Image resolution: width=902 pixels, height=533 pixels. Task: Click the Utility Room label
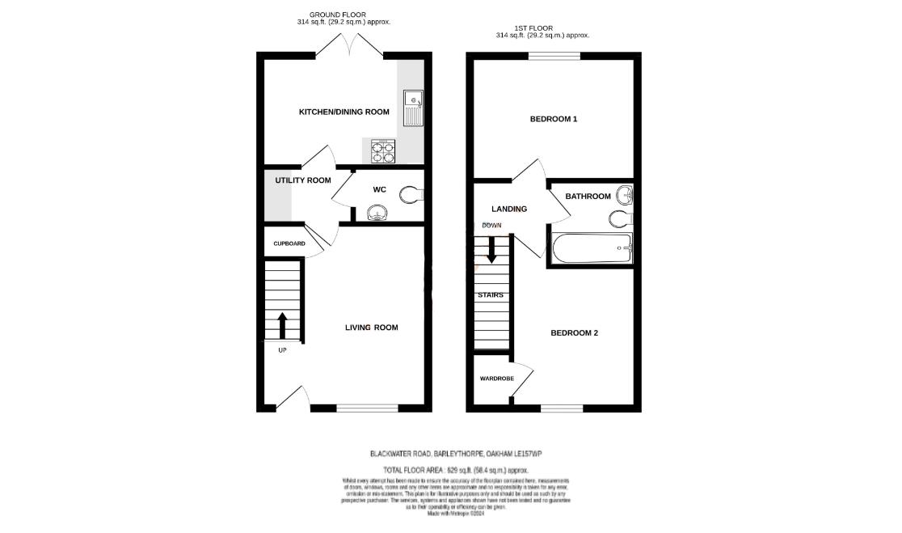[x=302, y=180]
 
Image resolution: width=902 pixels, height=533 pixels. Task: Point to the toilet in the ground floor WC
[x=412, y=194]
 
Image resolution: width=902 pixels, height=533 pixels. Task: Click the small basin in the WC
[x=377, y=213]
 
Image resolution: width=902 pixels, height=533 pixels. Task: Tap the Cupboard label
[x=289, y=243]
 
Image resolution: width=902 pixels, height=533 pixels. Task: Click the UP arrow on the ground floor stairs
[x=282, y=326]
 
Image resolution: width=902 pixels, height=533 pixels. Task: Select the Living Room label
[x=371, y=328]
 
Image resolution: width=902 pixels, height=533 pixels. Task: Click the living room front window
[x=367, y=408]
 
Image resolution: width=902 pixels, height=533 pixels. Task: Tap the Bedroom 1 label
[x=553, y=119]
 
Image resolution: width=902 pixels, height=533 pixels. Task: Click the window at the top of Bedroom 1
[x=554, y=56]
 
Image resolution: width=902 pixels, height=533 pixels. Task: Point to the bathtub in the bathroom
[x=591, y=248]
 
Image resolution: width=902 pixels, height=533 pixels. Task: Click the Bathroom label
[x=588, y=197]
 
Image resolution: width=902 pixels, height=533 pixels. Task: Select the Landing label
[x=509, y=209]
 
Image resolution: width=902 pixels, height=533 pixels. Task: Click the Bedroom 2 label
[x=574, y=332]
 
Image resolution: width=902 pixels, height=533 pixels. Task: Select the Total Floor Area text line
[x=455, y=469]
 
